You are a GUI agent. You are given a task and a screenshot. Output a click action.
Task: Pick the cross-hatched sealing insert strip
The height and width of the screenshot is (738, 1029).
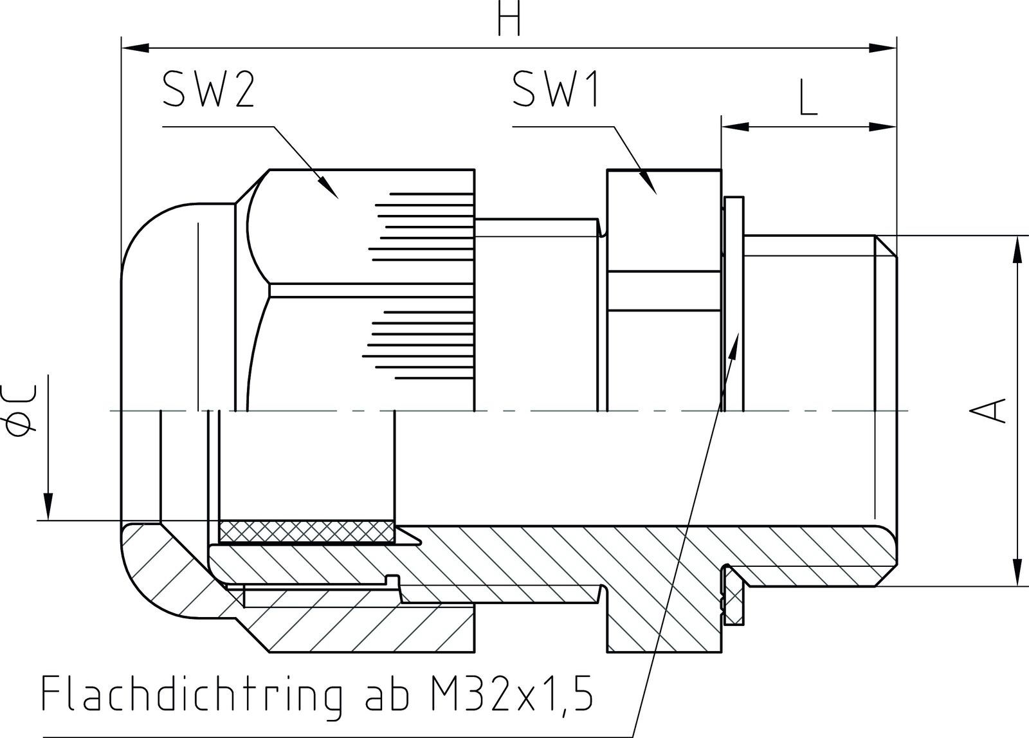pyautogui.click(x=305, y=531)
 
